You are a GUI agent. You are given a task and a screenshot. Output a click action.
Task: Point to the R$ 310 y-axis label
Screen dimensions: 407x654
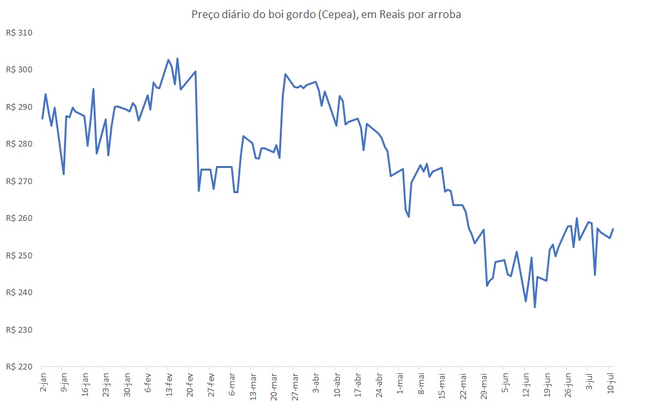click(x=19, y=32)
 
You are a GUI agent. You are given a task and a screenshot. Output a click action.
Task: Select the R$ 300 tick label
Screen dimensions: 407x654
click(x=19, y=70)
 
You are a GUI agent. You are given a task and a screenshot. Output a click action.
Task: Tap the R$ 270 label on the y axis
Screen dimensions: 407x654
click(x=19, y=181)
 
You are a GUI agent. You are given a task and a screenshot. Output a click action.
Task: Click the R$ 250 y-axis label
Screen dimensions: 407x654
click(x=19, y=255)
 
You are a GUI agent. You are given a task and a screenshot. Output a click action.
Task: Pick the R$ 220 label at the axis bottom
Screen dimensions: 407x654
click(x=19, y=366)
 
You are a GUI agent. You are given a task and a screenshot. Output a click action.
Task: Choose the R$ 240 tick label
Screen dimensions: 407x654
click(x=19, y=292)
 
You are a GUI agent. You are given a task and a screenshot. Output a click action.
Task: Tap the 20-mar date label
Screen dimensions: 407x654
click(x=273, y=384)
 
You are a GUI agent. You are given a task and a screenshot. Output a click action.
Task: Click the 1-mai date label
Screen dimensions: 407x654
click(x=399, y=382)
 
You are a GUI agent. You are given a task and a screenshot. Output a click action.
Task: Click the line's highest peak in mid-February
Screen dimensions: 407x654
click(x=177, y=59)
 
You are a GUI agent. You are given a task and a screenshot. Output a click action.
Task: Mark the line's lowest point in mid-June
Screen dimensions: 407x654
click(x=534, y=307)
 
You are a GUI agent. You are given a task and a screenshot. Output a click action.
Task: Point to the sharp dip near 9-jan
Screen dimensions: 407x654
click(x=63, y=174)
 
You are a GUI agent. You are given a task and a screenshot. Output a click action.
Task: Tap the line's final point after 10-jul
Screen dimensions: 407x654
click(x=613, y=229)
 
